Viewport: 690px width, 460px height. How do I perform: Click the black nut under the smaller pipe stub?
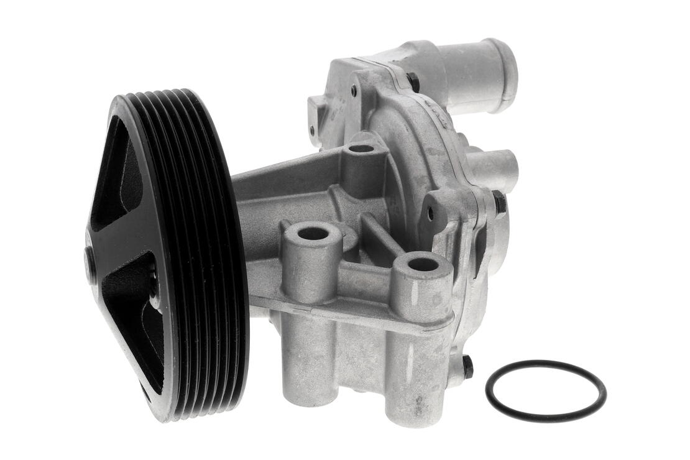click(x=499, y=203)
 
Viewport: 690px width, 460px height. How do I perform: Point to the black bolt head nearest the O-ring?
click(x=467, y=366)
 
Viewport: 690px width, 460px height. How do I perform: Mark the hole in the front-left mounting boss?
click(x=313, y=234)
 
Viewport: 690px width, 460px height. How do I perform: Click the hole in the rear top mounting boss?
click(x=361, y=149)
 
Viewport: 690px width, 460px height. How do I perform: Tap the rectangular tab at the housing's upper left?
click(x=316, y=116)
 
